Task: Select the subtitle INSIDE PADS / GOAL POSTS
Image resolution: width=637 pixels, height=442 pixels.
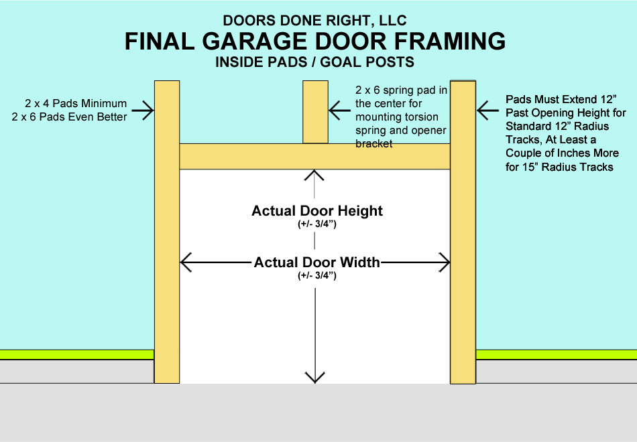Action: click(314, 63)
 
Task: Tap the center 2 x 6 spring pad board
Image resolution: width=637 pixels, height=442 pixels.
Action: click(315, 112)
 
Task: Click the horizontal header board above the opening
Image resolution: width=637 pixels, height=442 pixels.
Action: click(314, 156)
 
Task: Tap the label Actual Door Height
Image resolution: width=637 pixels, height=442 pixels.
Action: click(317, 210)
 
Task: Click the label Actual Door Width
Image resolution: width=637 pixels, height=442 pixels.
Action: click(316, 262)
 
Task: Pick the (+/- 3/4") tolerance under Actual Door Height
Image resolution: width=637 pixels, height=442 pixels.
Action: click(317, 224)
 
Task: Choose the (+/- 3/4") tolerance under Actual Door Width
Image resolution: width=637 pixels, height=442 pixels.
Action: click(316, 275)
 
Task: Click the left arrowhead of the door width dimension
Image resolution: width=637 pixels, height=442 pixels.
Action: click(187, 262)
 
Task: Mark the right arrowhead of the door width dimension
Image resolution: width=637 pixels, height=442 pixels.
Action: click(443, 262)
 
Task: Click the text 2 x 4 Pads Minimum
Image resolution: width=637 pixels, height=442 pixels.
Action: click(76, 103)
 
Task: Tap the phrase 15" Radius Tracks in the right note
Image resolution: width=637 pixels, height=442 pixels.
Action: click(569, 167)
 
